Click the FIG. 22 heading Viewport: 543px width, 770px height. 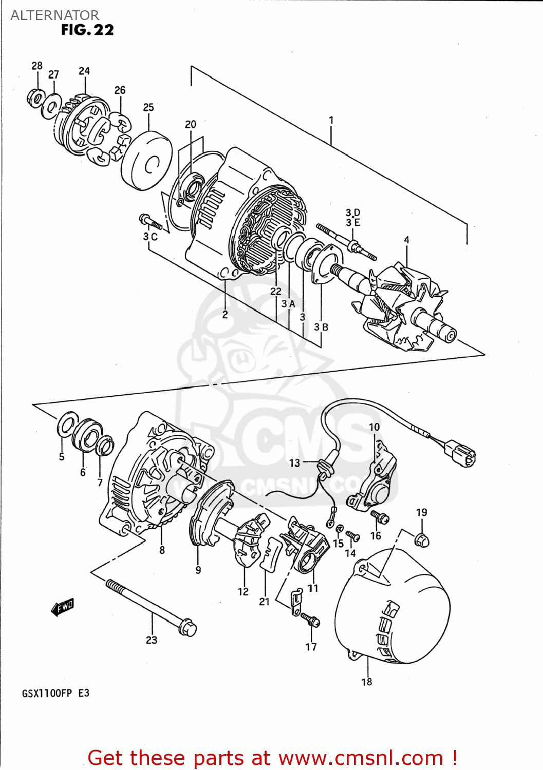pos(87,30)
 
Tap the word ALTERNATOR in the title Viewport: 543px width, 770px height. pos(54,15)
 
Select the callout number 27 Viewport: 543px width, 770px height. pos(54,74)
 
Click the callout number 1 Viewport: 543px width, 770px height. pos(331,120)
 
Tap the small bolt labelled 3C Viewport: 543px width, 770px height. pos(150,222)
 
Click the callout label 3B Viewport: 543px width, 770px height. pos(321,327)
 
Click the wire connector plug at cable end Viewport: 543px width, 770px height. pos(460,454)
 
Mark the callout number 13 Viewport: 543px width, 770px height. pos(294,463)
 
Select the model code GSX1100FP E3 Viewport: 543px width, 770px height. pos(55,693)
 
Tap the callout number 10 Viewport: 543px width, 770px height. pos(374,427)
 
